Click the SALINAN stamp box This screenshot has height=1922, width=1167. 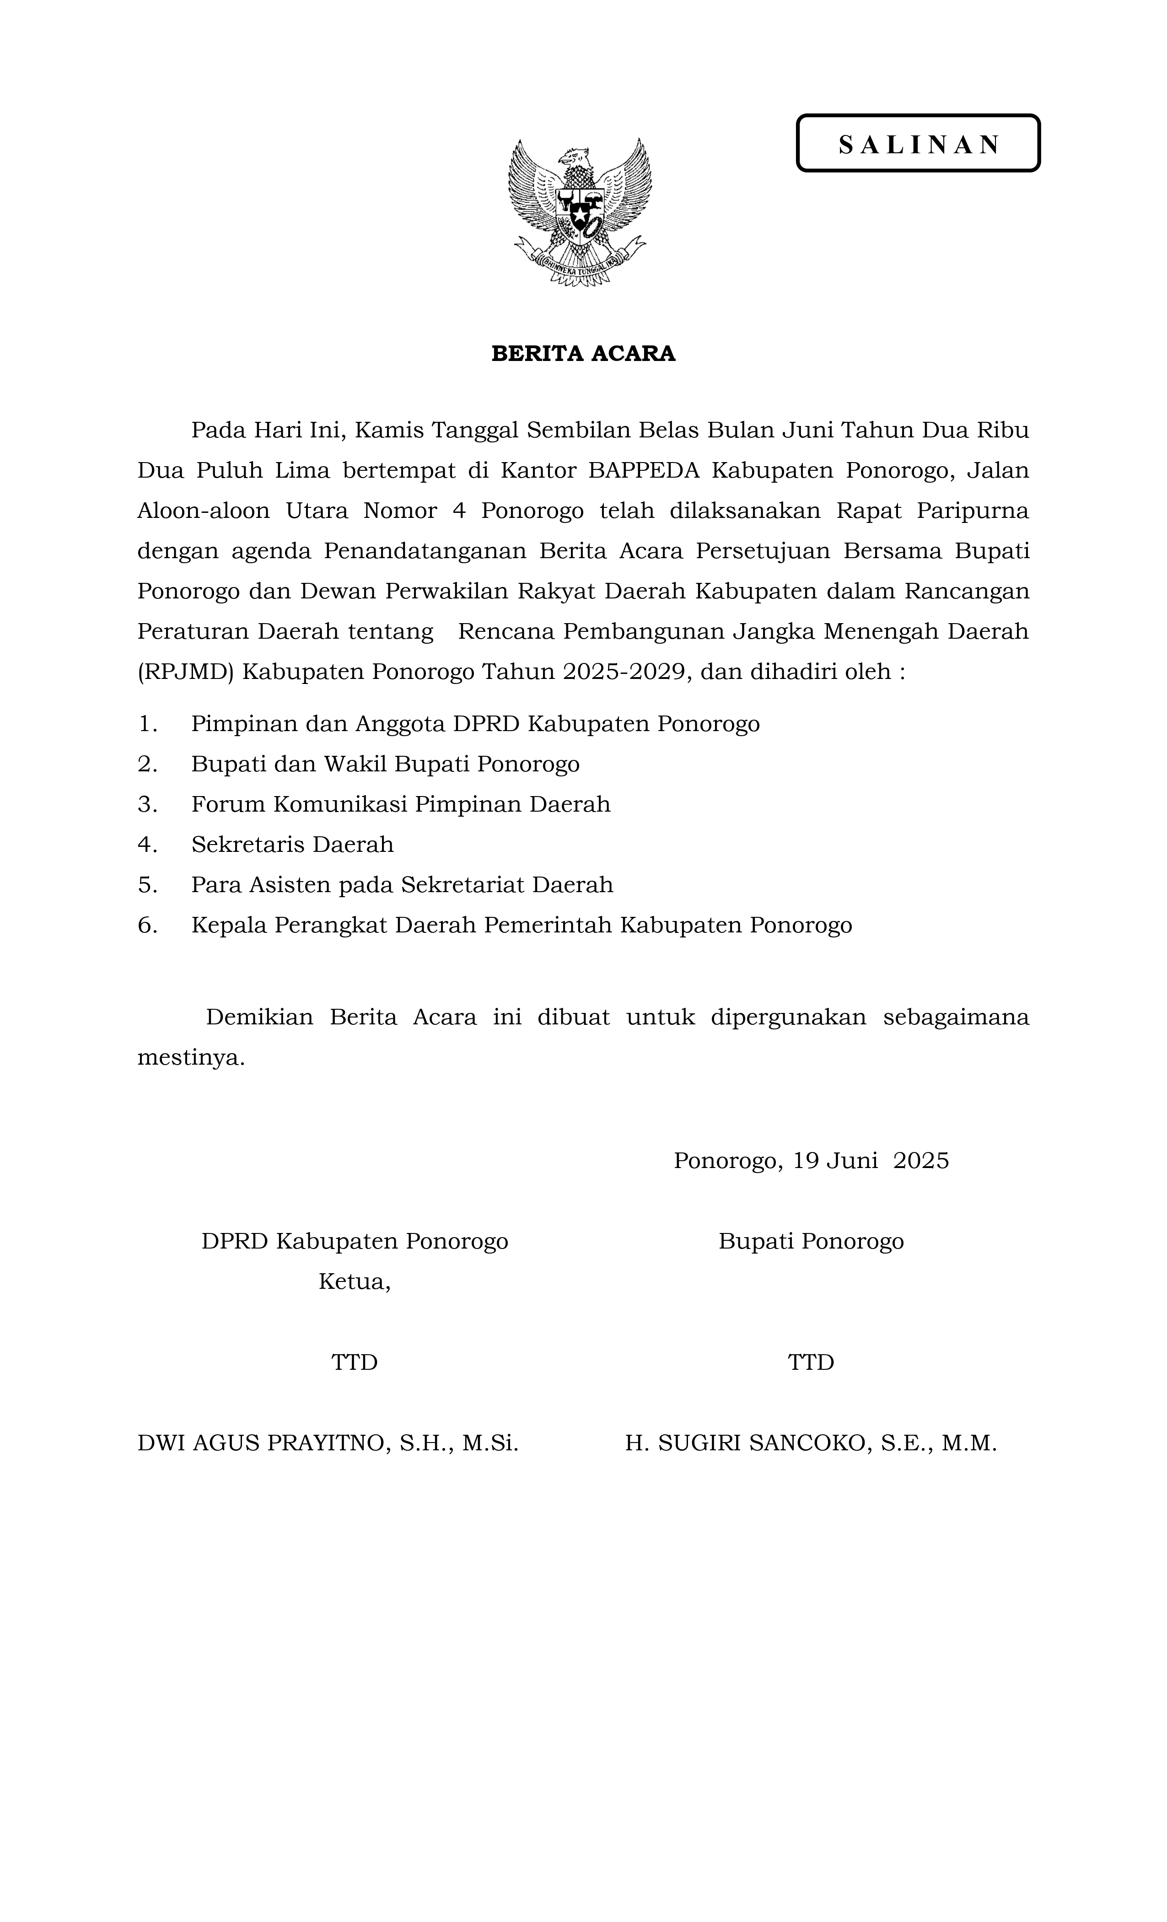(917, 144)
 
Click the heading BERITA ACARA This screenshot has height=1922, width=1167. (583, 353)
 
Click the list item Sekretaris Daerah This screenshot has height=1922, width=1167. (292, 844)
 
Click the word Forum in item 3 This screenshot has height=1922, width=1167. (229, 804)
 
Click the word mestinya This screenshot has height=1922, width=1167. (191, 1058)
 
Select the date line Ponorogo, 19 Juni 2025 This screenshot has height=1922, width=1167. (811, 1161)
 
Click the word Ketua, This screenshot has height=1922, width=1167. (354, 1281)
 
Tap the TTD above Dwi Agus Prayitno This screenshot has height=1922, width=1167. (354, 1362)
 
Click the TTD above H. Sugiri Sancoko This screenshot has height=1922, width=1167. (811, 1362)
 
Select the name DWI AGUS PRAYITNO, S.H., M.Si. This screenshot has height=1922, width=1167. (328, 1443)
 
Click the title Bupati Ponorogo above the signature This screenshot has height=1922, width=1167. (811, 1241)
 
